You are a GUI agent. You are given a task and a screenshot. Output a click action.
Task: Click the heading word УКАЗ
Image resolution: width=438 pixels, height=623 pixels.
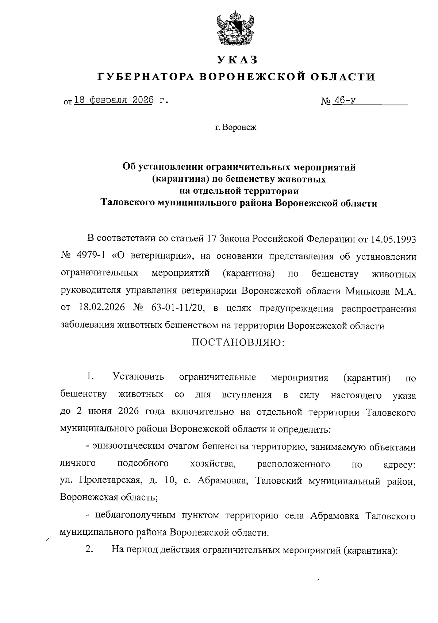(236, 59)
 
